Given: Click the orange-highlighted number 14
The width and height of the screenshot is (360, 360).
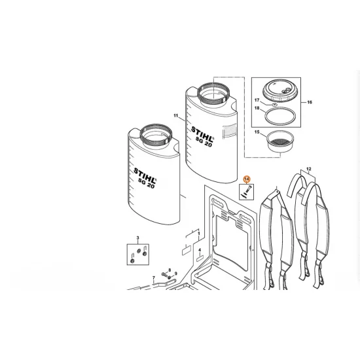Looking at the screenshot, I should pyautogui.click(x=247, y=178).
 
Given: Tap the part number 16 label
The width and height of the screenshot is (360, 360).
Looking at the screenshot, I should pyautogui.click(x=310, y=103).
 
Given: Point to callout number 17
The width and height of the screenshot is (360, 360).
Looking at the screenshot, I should pyautogui.click(x=257, y=99).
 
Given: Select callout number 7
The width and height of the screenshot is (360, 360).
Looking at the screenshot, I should pyautogui.click(x=154, y=278).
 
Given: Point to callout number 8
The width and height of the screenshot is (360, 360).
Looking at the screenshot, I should pyautogui.click(x=169, y=270).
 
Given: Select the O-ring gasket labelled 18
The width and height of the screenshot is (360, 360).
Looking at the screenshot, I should pyautogui.click(x=278, y=117).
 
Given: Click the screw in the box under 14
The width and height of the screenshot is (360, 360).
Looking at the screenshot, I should pyautogui.click(x=245, y=192).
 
